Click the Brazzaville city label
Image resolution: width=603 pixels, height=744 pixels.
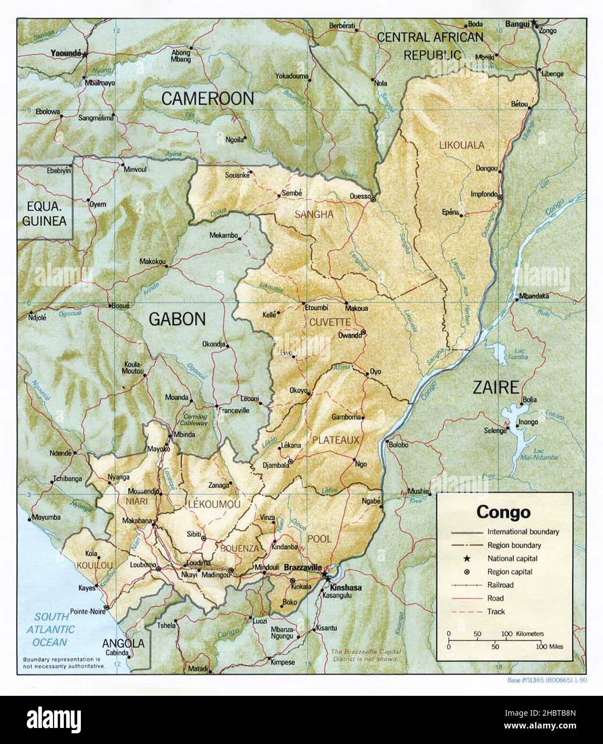pyautogui.click(x=303, y=567)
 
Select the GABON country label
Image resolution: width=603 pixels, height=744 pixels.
pyautogui.click(x=177, y=319)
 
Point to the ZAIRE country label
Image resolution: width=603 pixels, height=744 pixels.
pyautogui.click(x=495, y=387)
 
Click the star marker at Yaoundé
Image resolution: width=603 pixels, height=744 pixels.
pyautogui.click(x=85, y=54)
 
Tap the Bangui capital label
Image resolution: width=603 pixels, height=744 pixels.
pyautogui.click(x=517, y=24)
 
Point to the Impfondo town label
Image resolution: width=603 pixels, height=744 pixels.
pyautogui.click(x=484, y=194)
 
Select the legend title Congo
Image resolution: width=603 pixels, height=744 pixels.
pyautogui.click(x=503, y=512)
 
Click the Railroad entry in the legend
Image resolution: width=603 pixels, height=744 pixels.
pyautogui.click(x=500, y=585)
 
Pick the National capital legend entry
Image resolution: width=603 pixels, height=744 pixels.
pyautogui.click(x=512, y=558)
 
